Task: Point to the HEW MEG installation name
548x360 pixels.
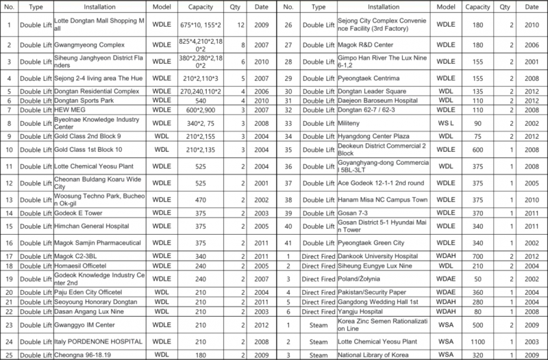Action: tap(69, 110)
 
